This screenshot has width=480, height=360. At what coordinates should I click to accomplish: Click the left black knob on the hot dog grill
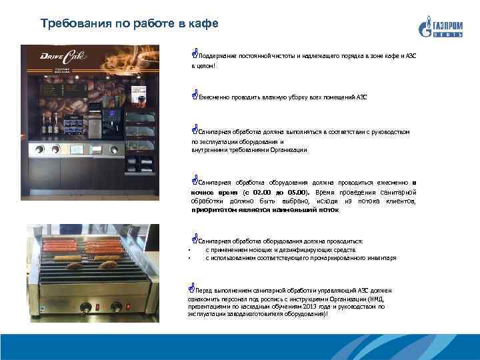click(86, 307)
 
